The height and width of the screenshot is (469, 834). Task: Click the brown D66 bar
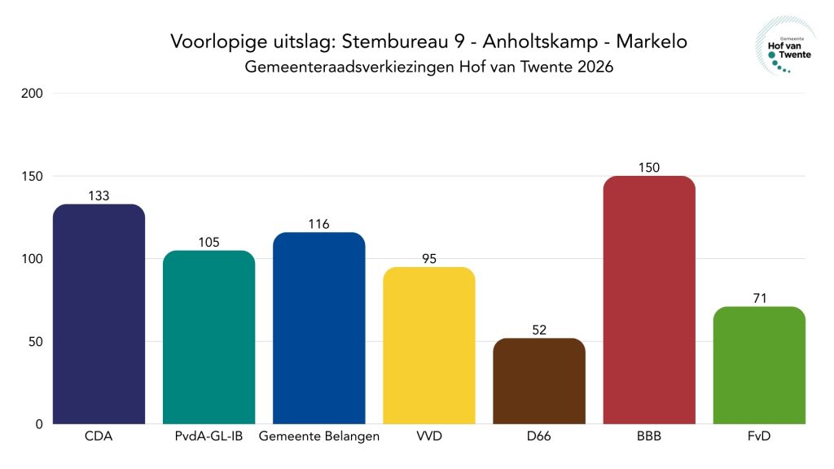[x=538, y=380]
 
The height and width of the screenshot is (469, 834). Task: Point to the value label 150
[x=648, y=168]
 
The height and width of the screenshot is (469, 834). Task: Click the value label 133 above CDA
[x=99, y=195]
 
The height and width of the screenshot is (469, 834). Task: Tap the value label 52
[x=538, y=330]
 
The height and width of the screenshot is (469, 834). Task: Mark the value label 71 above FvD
[x=758, y=298]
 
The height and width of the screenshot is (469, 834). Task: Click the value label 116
[x=318, y=224]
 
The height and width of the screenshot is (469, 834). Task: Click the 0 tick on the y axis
[x=39, y=424]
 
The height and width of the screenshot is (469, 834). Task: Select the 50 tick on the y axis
[x=36, y=342]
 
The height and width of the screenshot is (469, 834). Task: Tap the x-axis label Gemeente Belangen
[x=318, y=436]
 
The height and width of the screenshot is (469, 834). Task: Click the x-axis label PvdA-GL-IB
[x=208, y=436]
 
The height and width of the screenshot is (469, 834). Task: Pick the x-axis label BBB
[x=648, y=436]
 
